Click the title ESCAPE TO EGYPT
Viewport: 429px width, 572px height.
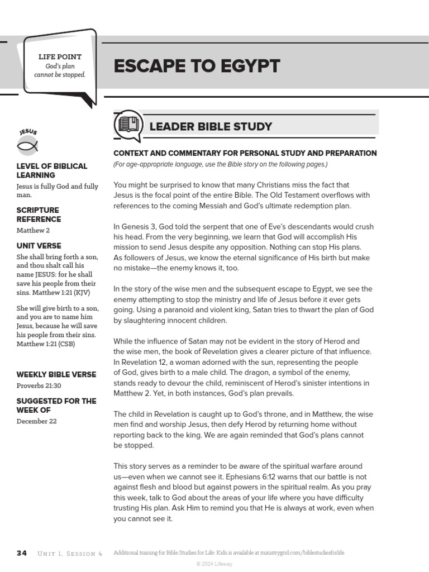point(197,66)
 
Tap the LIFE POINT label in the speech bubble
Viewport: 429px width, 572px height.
point(60,57)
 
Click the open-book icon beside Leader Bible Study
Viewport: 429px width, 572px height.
point(128,126)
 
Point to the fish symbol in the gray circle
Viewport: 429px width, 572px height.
point(27,147)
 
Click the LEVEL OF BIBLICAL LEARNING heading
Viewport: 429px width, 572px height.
point(52,170)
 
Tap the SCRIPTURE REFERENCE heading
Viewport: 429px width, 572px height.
point(39,215)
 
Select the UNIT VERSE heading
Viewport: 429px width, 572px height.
point(39,246)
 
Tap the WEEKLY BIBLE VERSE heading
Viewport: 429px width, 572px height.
point(56,375)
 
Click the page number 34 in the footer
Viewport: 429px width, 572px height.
point(22,553)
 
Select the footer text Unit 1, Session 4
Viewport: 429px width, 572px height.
point(70,553)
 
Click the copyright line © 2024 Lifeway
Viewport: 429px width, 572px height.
point(214,564)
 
